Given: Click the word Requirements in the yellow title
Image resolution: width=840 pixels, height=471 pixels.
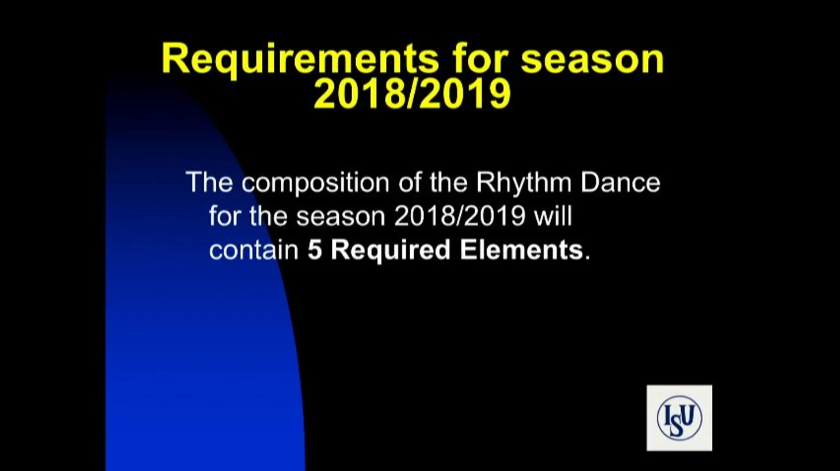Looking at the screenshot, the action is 300,60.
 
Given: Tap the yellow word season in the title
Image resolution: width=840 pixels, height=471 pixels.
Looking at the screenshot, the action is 593,60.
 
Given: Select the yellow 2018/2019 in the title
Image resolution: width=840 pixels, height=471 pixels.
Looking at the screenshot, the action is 413,93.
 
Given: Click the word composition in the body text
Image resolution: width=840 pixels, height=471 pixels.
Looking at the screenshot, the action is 315,183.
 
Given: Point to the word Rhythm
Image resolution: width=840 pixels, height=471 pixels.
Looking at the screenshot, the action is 524,183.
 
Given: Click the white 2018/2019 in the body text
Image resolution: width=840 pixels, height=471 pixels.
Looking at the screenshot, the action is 460,216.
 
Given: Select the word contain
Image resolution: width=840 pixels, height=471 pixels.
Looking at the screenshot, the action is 254,250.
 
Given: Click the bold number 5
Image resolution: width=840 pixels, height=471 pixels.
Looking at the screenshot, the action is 315,250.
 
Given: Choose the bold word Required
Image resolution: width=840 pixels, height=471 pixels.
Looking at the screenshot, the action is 391,251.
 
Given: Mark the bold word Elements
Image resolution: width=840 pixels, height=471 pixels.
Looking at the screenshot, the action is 521,250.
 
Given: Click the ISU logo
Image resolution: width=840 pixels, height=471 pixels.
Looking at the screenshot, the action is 679,417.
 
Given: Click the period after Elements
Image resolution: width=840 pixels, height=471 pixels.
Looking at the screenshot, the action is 587,258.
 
